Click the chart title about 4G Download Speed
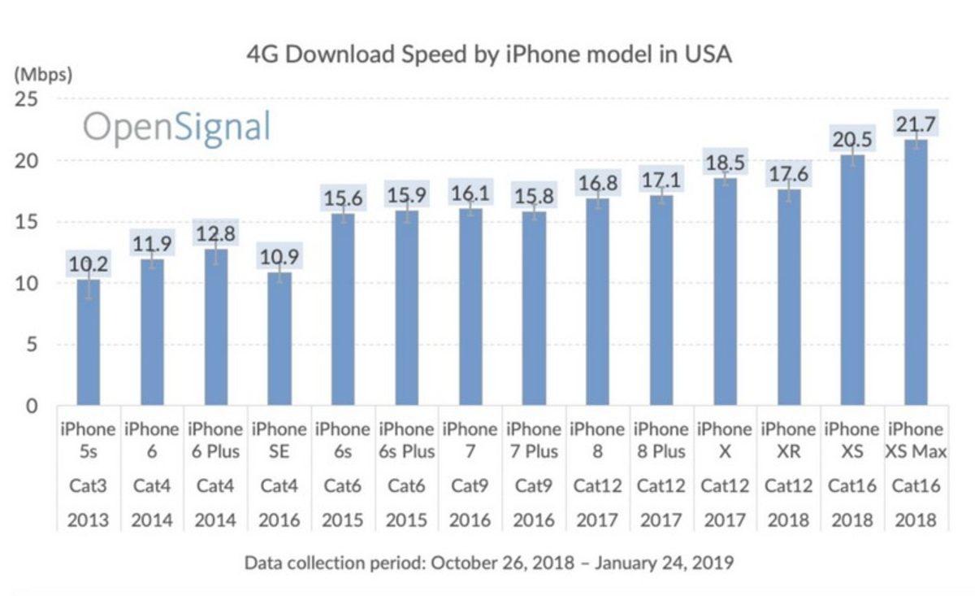tap(489, 54)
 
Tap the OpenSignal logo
tap(176, 128)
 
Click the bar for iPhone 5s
tap(89, 342)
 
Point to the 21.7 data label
tap(916, 124)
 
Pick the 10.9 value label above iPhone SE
tap(279, 256)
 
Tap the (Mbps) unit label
tap(42, 75)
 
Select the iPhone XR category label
tap(789, 439)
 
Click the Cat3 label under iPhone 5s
tap(88, 486)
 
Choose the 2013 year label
tap(88, 520)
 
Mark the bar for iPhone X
tap(726, 292)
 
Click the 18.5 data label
tap(726, 162)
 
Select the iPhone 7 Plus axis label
tap(535, 439)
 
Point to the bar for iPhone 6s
tap(343, 310)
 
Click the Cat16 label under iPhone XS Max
tap(916, 486)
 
